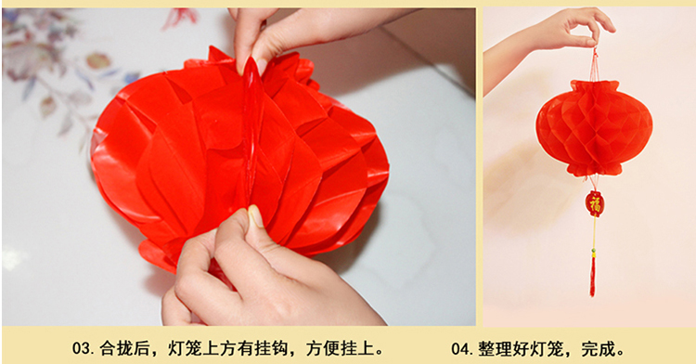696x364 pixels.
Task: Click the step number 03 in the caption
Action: coord(82,348)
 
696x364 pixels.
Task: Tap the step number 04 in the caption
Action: coord(461,349)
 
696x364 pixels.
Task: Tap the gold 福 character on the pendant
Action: coord(594,204)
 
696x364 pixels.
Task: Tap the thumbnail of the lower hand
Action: coord(256,216)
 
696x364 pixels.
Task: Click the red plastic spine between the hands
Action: coord(251,133)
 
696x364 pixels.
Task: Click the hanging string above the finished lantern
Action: coord(594,64)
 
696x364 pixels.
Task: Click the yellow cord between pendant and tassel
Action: coord(594,232)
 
